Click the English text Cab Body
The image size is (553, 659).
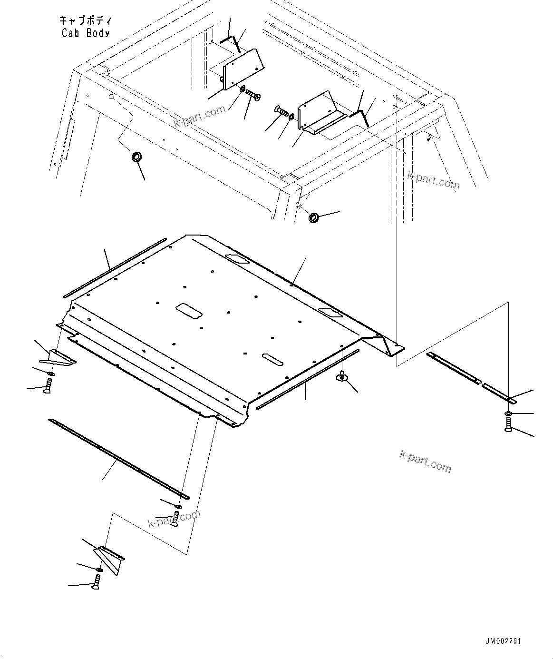point(86,33)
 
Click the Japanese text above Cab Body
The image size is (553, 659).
point(86,21)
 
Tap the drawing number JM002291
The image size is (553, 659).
point(503,641)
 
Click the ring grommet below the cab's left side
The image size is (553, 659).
point(136,157)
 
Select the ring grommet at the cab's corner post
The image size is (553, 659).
point(314,218)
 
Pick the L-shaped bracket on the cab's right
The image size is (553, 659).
point(319,113)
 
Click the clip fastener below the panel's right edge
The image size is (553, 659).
point(341,377)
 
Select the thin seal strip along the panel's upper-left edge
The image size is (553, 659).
point(114,268)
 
